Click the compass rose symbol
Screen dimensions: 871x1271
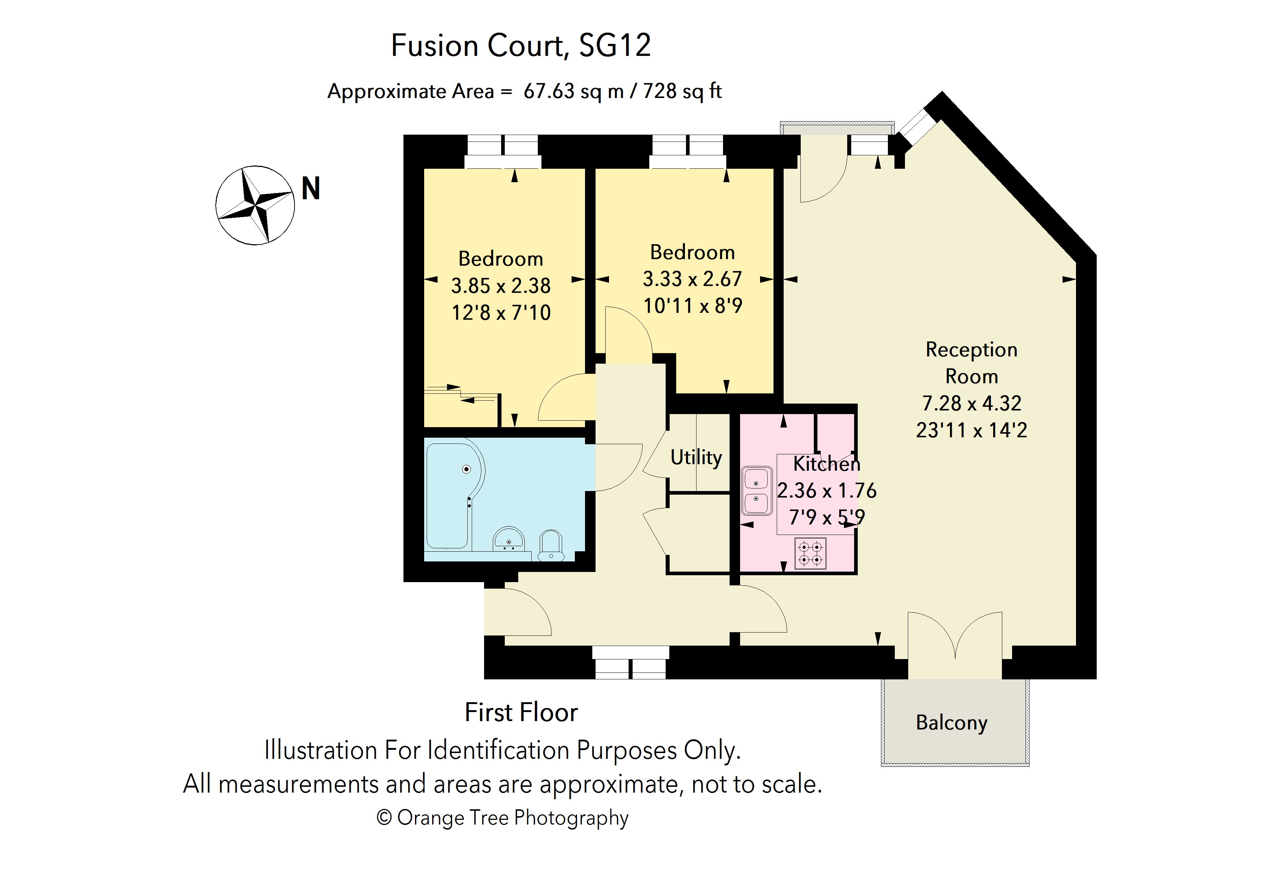pos(255,205)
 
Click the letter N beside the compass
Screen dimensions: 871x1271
pos(310,188)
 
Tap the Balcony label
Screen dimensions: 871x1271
pos(951,722)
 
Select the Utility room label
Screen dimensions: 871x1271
pos(696,457)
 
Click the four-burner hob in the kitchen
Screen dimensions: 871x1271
pos(810,553)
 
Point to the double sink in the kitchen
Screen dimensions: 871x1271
pos(756,491)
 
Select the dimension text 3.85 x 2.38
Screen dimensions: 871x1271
pos(500,286)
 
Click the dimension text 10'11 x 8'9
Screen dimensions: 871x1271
pos(693,306)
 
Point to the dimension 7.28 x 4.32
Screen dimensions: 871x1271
pos(971,403)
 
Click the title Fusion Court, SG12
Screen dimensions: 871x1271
pos(521,45)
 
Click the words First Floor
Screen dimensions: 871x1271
pos(521,712)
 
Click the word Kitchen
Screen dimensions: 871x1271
pos(827,463)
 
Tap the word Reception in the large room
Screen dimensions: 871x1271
pos(971,350)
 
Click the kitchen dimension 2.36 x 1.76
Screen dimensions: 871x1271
pos(827,490)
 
